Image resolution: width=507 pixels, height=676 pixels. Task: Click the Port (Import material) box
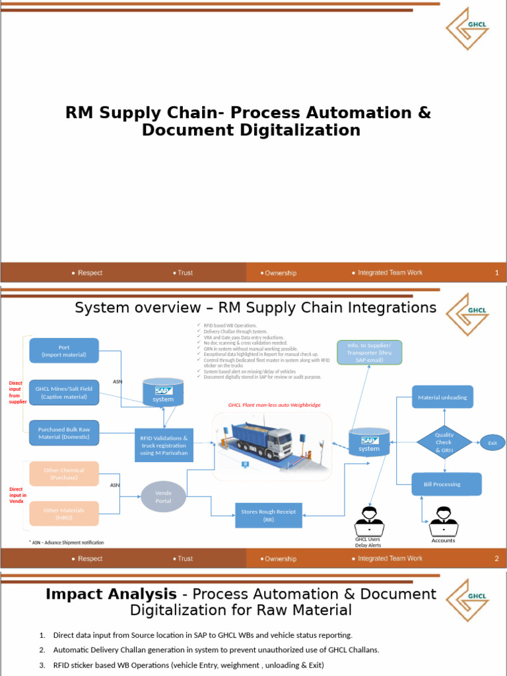(64, 351)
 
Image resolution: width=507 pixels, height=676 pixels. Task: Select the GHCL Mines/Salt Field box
(64, 393)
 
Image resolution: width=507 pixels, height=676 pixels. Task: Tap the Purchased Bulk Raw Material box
(64, 433)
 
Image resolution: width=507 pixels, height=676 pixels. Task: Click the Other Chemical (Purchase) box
(64, 473)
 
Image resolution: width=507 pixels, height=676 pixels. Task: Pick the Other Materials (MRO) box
(64, 514)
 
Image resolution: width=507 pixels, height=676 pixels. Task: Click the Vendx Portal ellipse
(163, 496)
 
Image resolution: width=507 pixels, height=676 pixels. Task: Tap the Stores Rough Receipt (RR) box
(269, 514)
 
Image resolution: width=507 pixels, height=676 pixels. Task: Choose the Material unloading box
(442, 397)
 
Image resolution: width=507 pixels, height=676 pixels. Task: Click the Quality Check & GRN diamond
(444, 442)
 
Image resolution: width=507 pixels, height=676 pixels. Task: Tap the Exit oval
(492, 443)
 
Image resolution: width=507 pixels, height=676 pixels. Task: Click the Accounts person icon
(443, 522)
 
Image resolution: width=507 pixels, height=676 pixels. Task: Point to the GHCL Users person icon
(368, 521)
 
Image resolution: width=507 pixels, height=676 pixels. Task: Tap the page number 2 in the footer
(496, 558)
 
